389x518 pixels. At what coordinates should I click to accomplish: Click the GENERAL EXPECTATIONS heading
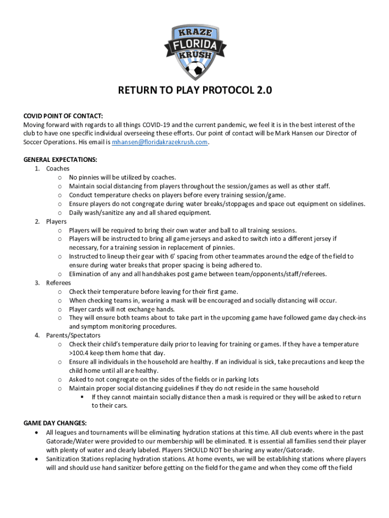[60, 160]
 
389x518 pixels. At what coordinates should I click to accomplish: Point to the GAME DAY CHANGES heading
[55, 423]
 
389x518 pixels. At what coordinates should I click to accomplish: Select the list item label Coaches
[58, 168]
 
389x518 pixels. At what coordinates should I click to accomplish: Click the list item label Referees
[59, 283]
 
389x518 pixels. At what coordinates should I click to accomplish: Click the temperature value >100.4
[80, 353]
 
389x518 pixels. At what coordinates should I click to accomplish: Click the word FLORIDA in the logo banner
[194, 46]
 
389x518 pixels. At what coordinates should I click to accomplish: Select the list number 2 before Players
[37, 222]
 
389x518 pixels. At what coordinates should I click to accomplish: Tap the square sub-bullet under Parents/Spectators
[82, 397]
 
